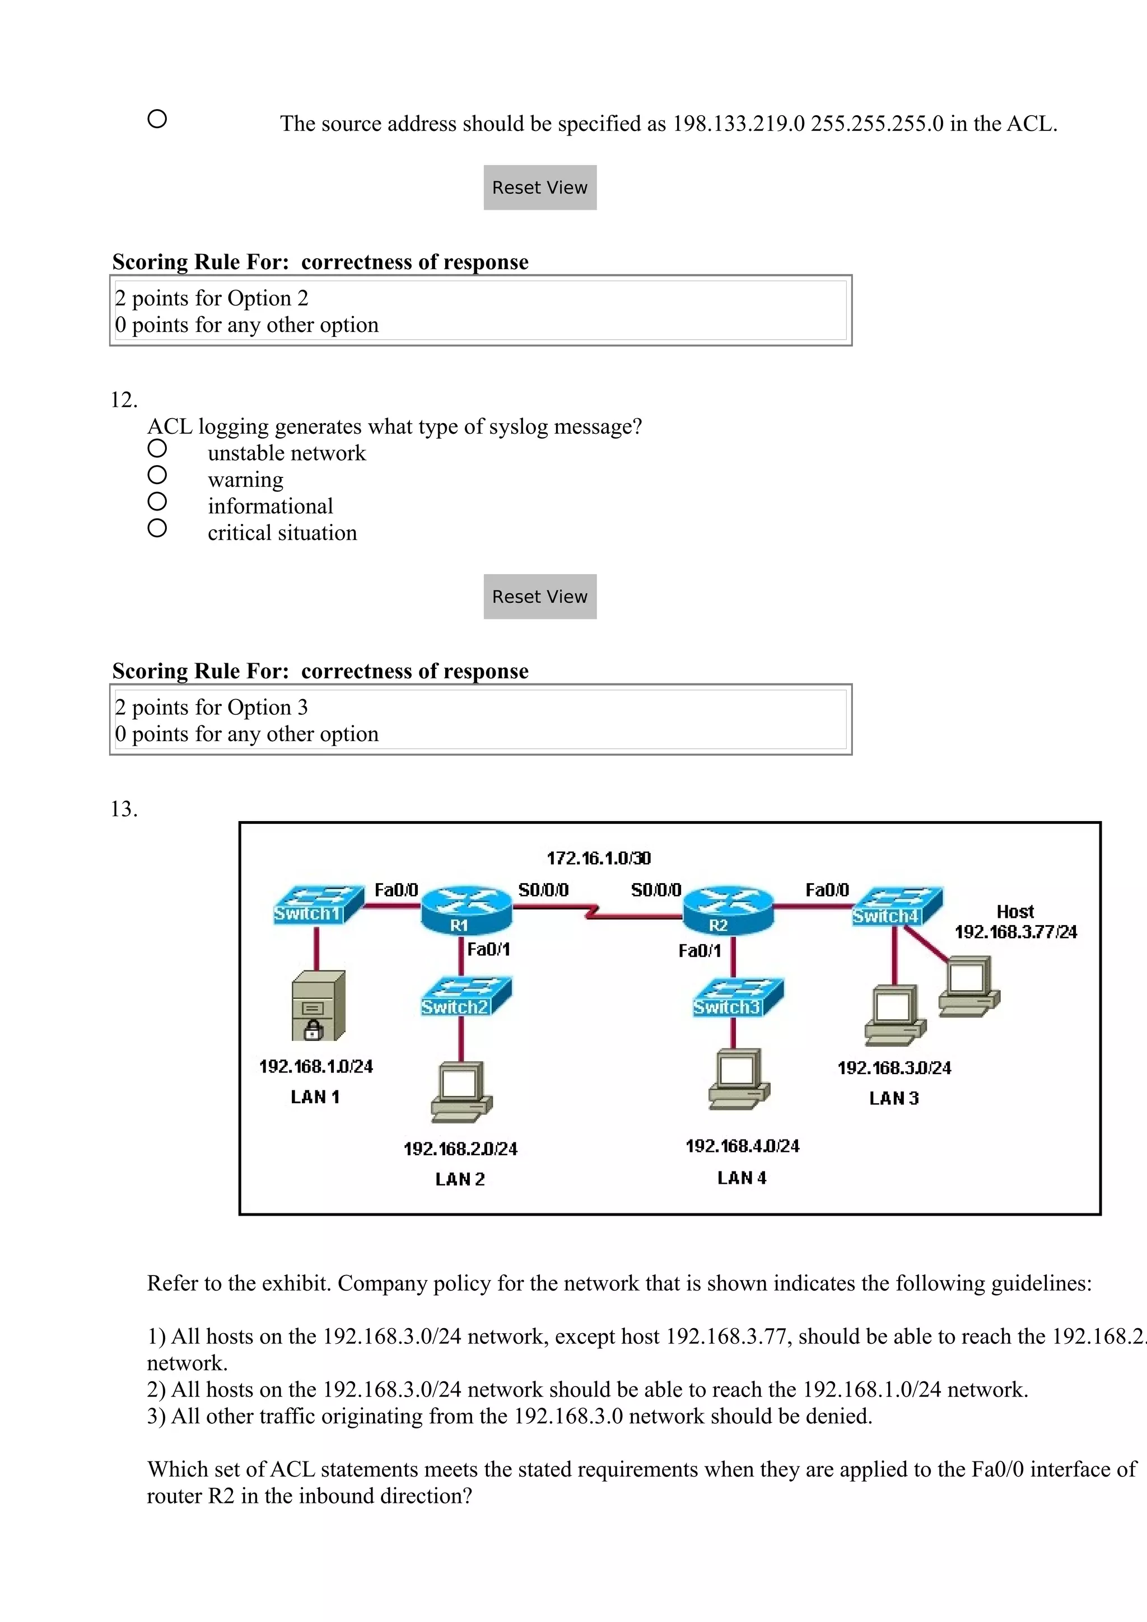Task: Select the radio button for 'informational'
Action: pyautogui.click(x=157, y=501)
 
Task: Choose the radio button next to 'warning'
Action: pyautogui.click(x=157, y=475)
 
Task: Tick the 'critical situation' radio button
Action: pyautogui.click(x=157, y=528)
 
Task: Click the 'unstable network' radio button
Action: pyautogui.click(x=157, y=448)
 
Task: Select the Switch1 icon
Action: pyautogui.click(x=318, y=905)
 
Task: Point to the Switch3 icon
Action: pyautogui.click(x=737, y=997)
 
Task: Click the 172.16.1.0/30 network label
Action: pyautogui.click(x=599, y=859)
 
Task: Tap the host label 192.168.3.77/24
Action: pyautogui.click(x=1015, y=932)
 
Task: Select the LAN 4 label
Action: pyautogui.click(x=742, y=1178)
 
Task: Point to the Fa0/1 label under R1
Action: pyautogui.click(x=488, y=949)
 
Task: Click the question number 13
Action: pyautogui.click(x=124, y=809)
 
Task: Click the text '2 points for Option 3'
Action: pyautogui.click(x=211, y=707)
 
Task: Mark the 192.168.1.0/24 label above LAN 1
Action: pyautogui.click(x=316, y=1066)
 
